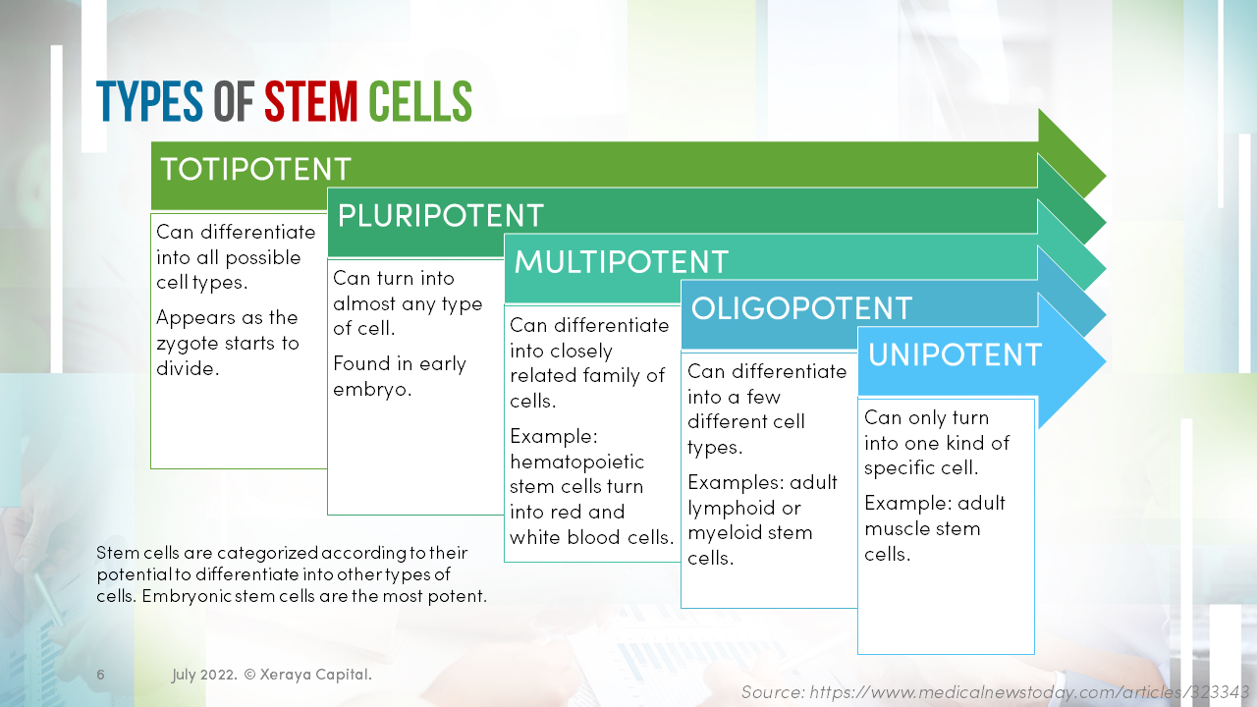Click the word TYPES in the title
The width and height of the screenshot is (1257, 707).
point(149,102)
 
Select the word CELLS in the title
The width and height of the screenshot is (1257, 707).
point(420,102)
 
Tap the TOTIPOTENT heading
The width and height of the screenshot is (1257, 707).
point(255,169)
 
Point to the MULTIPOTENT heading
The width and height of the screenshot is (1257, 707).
point(621,262)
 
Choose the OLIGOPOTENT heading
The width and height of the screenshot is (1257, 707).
point(801,308)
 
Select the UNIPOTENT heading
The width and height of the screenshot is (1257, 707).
point(955,354)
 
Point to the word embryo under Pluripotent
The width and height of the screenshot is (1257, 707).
point(371,389)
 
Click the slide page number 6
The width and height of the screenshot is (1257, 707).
point(100,675)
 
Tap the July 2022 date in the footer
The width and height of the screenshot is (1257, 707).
point(202,675)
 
